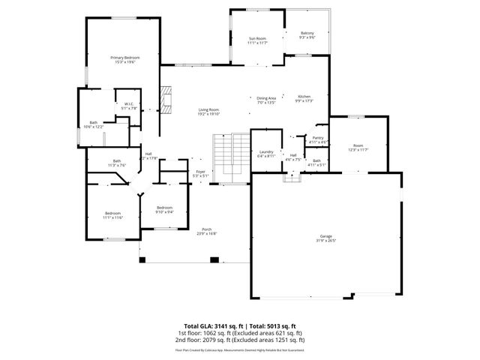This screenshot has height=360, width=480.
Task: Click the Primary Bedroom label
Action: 125,60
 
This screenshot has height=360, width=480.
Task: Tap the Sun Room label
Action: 257,40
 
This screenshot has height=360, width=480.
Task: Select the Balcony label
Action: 307,34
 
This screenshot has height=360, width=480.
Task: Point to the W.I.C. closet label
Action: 129,106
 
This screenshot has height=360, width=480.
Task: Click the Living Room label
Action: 208,112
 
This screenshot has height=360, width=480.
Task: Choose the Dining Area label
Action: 267,100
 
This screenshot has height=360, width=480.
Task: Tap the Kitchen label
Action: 304,98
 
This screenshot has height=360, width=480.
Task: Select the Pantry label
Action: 318,139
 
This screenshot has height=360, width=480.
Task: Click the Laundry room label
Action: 265,154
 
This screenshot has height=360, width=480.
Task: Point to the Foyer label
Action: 200,173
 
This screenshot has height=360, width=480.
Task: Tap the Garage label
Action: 325,238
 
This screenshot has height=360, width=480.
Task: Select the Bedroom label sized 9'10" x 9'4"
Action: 164,209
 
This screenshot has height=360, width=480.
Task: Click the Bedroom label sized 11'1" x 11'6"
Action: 113,214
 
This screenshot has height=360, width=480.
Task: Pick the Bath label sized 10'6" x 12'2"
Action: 93,124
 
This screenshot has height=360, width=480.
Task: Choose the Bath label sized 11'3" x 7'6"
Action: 117,163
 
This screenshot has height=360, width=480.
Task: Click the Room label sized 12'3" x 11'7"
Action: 358,148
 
